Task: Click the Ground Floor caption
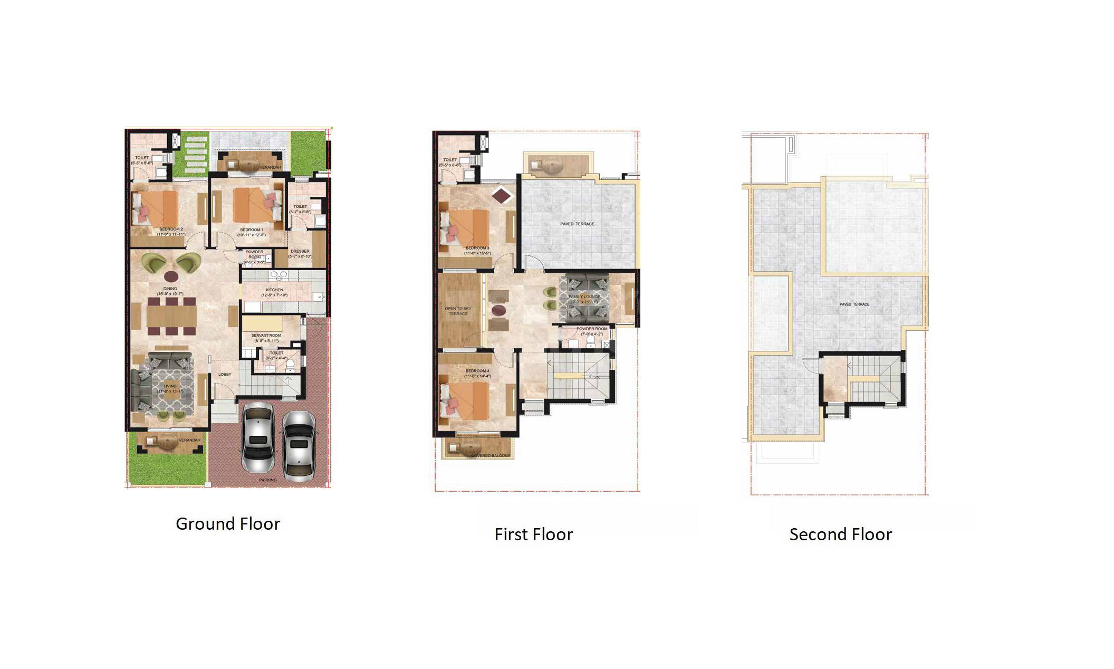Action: [x=227, y=524]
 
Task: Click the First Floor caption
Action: [x=533, y=534]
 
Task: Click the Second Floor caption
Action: [x=840, y=534]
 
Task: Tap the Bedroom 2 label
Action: [x=171, y=230]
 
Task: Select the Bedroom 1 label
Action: [x=252, y=230]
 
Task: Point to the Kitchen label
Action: [x=274, y=290]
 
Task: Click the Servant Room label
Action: [x=266, y=336]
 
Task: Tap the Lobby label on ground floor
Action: [x=225, y=375]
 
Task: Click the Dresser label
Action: [x=300, y=252]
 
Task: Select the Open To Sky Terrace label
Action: [x=458, y=311]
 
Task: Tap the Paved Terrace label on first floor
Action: [x=577, y=224]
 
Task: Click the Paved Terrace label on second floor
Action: [x=854, y=304]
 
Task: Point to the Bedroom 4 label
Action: [x=477, y=371]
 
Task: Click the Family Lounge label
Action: [x=584, y=297]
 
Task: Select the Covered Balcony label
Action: [x=490, y=456]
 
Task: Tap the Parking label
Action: [x=268, y=480]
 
